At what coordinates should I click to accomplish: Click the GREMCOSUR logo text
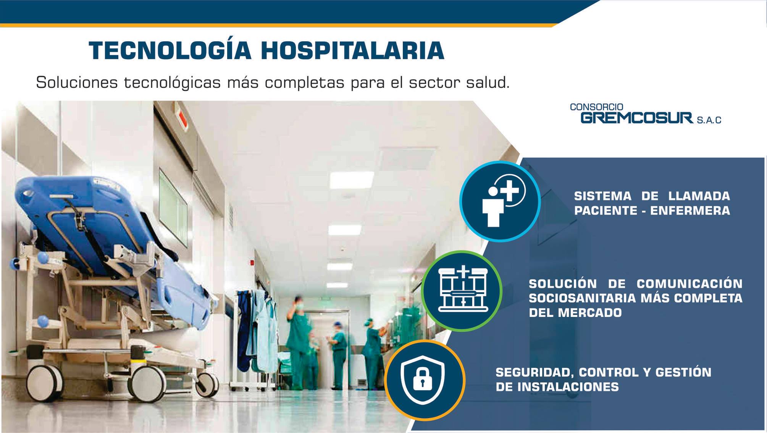636,118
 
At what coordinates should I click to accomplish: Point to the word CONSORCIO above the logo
596,107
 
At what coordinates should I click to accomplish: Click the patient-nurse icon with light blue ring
500,201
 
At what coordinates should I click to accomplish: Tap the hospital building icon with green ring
462,291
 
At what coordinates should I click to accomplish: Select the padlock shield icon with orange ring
425,380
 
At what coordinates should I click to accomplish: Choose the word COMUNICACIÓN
689,283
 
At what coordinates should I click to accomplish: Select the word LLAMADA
699,196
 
